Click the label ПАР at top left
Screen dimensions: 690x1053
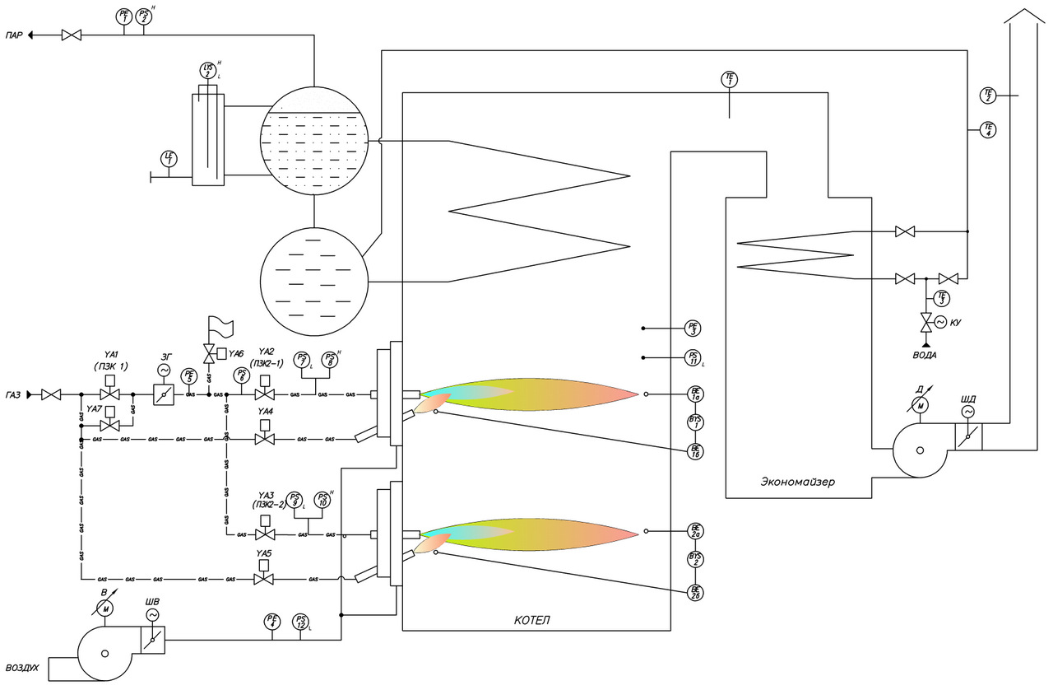[x=14, y=35]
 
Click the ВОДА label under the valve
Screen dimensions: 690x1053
[x=925, y=355]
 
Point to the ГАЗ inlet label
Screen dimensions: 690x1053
[x=14, y=395]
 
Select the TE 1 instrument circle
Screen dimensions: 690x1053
[x=730, y=79]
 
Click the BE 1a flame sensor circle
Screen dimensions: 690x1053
[x=696, y=394]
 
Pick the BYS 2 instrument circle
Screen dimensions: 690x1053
[x=696, y=560]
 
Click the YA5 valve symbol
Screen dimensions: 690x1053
[x=264, y=580]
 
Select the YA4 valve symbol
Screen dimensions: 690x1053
[x=265, y=440]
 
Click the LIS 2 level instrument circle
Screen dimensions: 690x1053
[x=207, y=70]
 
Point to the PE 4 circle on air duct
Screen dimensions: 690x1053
[x=273, y=622]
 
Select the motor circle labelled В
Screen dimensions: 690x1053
[x=104, y=608]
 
